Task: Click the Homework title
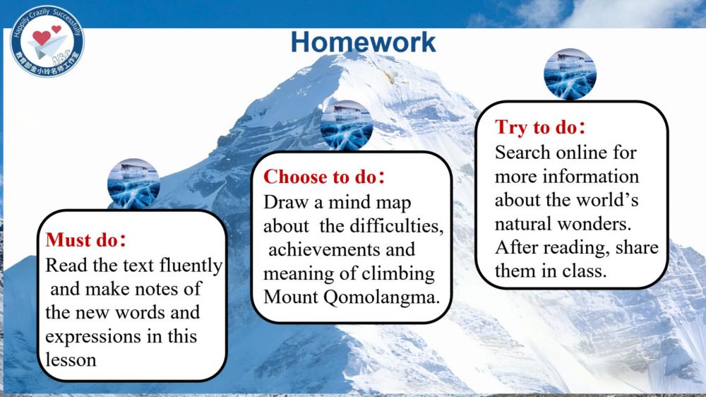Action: (363, 42)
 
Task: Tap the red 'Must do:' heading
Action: (85, 239)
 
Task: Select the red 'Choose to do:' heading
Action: (324, 177)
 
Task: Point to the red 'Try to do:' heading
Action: (540, 128)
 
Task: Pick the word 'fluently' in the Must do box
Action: (191, 266)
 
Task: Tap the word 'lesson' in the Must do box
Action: (71, 360)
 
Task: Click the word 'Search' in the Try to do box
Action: (522, 153)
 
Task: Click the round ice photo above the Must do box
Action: (133, 184)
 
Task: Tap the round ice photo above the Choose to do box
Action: (346, 125)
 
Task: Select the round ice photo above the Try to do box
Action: (570, 74)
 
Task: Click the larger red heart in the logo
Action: (42, 38)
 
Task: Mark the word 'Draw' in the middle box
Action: (287, 202)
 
